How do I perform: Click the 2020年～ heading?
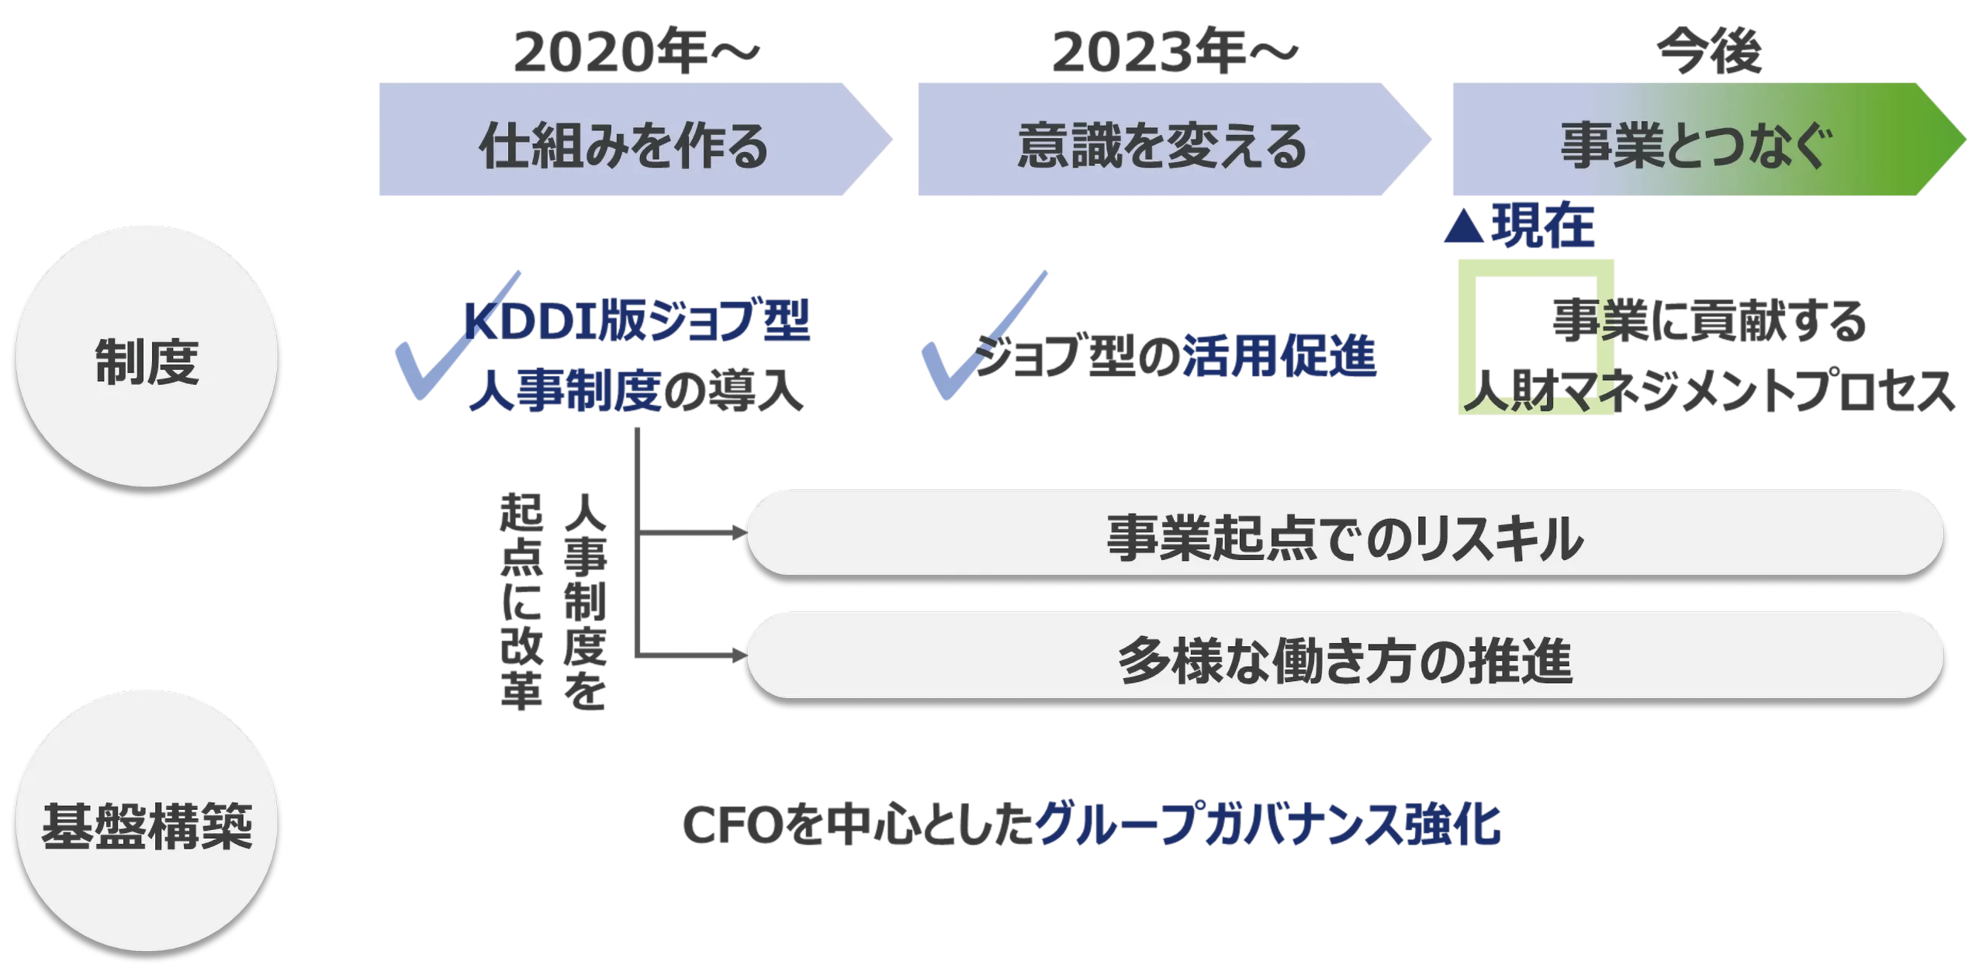[x=635, y=53]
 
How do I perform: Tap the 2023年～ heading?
[x=1175, y=53]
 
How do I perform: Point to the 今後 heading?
[x=1708, y=53]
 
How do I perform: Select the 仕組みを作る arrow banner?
[x=625, y=140]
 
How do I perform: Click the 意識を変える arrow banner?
[x=1164, y=140]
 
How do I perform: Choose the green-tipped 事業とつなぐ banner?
[x=1699, y=140]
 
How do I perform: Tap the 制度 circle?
[x=147, y=356]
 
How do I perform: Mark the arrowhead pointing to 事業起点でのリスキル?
[x=737, y=533]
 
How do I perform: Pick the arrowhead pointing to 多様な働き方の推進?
[x=737, y=655]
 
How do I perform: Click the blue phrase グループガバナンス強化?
[x=1268, y=825]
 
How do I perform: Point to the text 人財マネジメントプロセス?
[x=1707, y=392]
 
